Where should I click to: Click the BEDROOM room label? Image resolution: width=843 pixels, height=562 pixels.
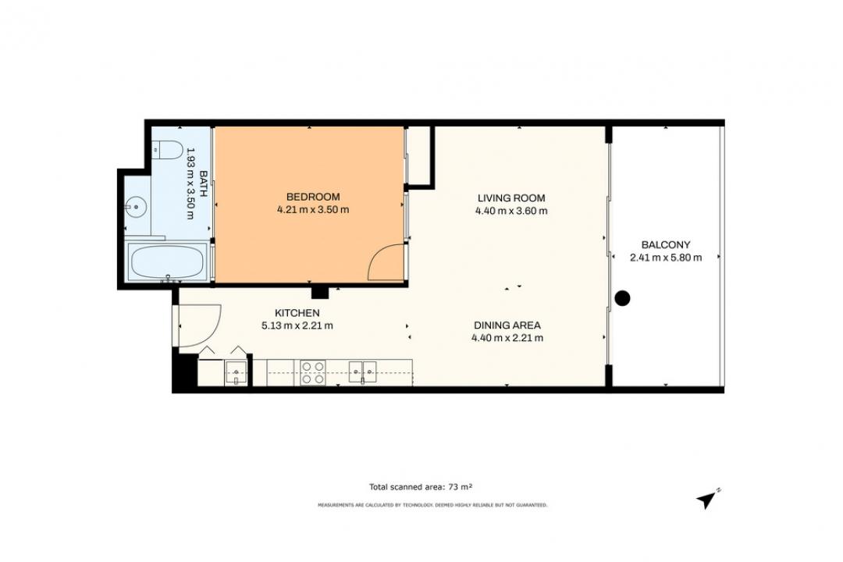point(312,197)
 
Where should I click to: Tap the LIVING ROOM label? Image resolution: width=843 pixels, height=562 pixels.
point(510,198)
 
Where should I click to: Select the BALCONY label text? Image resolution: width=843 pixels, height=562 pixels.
point(666,244)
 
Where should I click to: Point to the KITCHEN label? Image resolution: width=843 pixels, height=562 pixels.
point(297,313)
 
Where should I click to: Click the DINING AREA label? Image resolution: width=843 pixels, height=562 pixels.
point(507,325)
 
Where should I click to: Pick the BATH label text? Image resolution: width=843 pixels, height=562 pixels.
point(204,183)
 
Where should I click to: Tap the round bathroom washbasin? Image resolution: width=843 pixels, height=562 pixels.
point(137,206)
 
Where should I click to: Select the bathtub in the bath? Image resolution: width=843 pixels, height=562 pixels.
point(167,261)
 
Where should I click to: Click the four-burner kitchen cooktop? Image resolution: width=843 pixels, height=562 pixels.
point(312,372)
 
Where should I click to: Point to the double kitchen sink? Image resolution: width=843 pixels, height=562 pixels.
point(363,372)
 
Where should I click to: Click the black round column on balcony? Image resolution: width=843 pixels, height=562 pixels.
point(622,298)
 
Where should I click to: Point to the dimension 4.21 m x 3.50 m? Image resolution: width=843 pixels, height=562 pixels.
point(313,210)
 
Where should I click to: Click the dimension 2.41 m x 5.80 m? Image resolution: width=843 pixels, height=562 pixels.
point(666,258)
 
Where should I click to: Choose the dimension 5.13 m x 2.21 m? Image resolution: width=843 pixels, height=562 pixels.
point(297,325)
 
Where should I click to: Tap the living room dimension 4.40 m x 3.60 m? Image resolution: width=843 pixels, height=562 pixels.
point(511,211)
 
